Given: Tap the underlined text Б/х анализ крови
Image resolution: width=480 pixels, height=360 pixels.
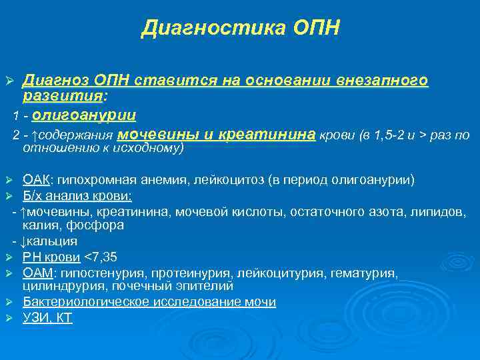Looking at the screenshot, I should tap(77, 196).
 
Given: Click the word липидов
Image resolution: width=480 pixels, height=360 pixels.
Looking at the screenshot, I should tap(438, 211).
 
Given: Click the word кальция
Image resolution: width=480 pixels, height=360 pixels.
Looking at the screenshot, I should tap(54, 241).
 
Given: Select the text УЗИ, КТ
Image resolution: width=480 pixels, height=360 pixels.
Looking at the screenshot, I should tap(47, 318).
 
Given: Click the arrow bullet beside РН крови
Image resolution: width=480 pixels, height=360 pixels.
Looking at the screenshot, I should tap(9, 257).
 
